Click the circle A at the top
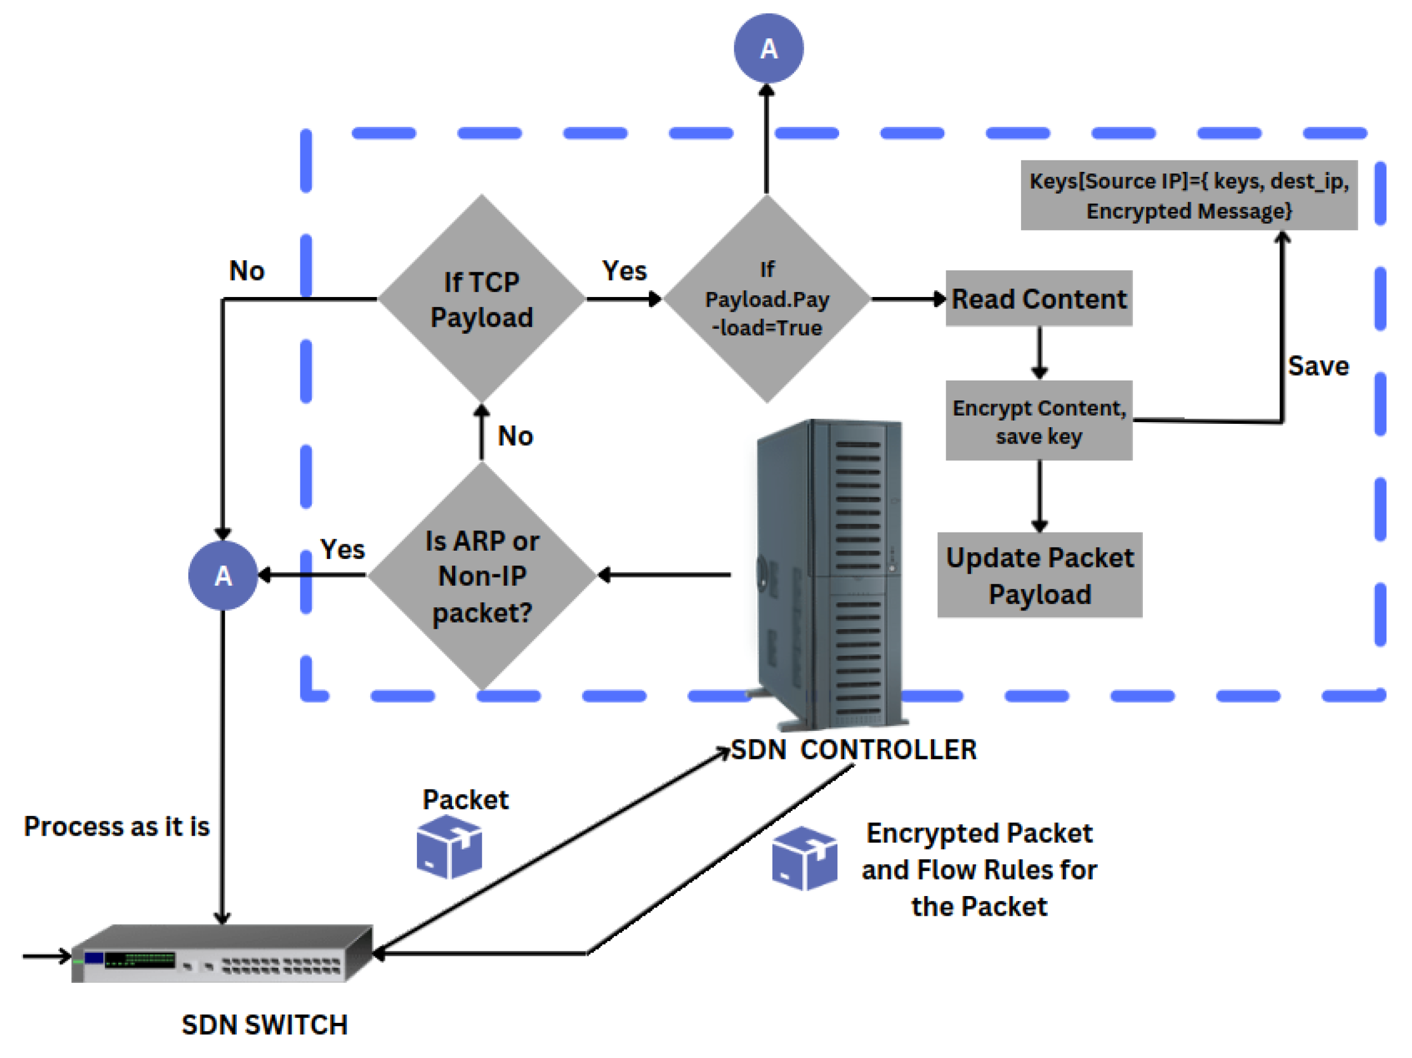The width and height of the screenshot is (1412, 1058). (768, 48)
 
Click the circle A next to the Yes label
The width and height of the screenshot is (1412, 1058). (223, 575)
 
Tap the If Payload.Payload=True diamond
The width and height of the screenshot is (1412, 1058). (767, 299)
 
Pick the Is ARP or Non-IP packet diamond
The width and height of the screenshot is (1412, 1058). (482, 575)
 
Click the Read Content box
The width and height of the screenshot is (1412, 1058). (1039, 299)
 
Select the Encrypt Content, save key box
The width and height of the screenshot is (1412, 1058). (1039, 421)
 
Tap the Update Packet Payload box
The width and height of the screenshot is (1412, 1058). (1039, 575)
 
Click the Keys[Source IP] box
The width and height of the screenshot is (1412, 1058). (1188, 195)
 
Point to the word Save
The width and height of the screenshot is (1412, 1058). (1318, 366)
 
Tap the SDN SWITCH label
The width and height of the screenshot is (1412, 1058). (264, 1025)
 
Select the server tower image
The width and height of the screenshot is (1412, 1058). (830, 574)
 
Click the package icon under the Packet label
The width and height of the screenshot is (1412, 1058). (449, 847)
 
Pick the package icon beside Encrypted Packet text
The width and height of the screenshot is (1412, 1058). (803, 858)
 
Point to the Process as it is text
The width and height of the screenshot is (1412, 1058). (117, 826)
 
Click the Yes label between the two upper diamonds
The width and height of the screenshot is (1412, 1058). (624, 271)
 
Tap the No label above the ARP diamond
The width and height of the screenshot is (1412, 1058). (515, 436)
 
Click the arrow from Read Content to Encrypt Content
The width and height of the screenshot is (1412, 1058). (1039, 353)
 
